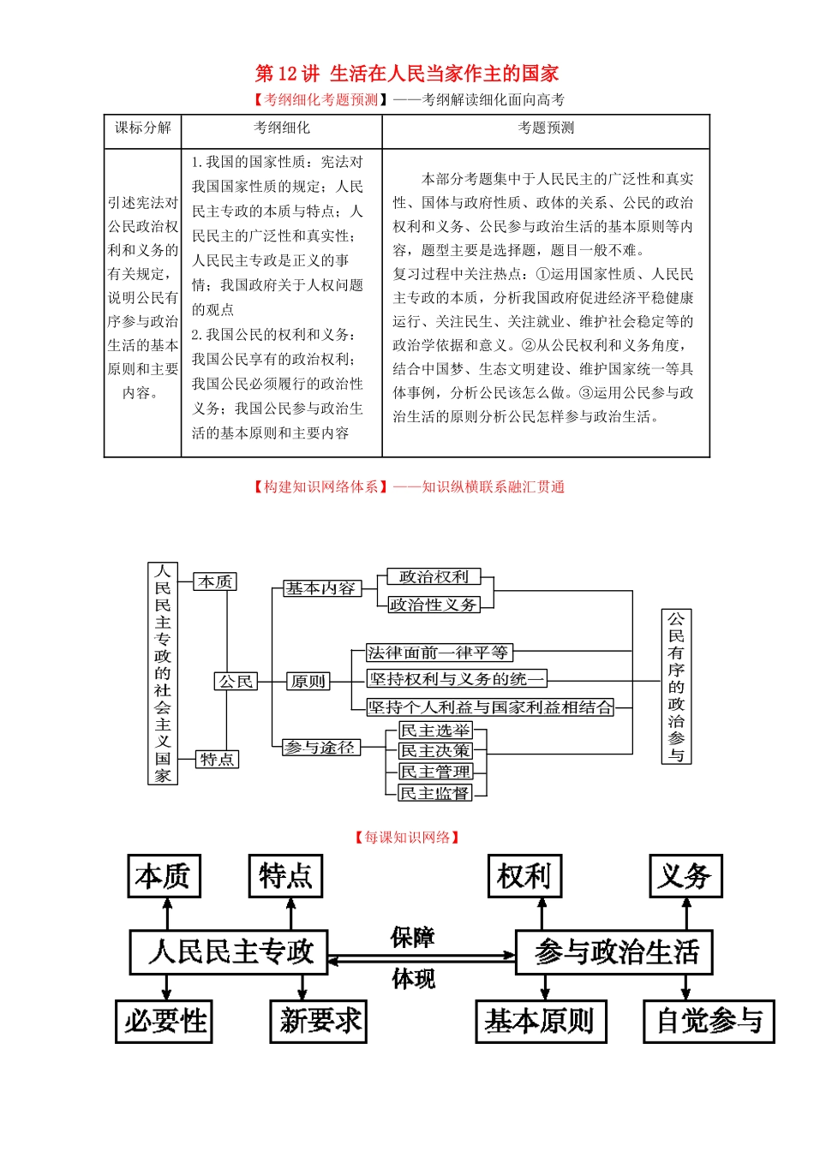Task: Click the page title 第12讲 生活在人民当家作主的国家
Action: coord(407,74)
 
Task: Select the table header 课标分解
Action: coord(143,128)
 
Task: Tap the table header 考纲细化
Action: coord(281,128)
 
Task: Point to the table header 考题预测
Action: coord(546,128)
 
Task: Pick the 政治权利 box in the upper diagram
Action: coord(434,577)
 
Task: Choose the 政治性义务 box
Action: coord(434,605)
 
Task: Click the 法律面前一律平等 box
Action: coord(439,653)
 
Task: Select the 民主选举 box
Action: coord(435,731)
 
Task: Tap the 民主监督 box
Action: coord(435,793)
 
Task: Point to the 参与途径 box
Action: coord(320,748)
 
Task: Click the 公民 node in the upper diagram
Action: coord(236,682)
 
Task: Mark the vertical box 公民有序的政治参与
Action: coord(676,686)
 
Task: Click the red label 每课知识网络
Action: coord(407,838)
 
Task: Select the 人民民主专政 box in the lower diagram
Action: coord(229,952)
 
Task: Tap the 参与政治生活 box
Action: coord(614,952)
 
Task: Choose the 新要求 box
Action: coord(319,1021)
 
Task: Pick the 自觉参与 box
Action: coord(709,1021)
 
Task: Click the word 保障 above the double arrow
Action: coord(412,938)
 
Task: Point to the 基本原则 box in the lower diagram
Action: coord(541,1021)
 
